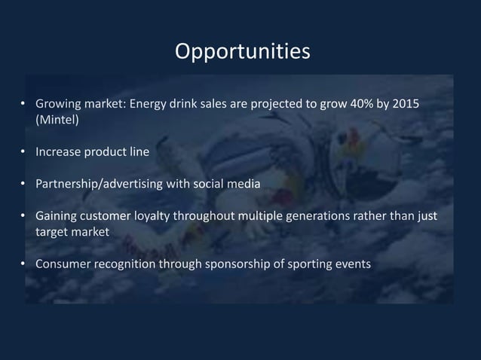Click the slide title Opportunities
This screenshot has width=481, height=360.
241,51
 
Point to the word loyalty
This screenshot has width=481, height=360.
152,217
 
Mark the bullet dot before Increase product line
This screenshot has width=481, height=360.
26,151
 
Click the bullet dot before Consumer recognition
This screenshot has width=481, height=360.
26,264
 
